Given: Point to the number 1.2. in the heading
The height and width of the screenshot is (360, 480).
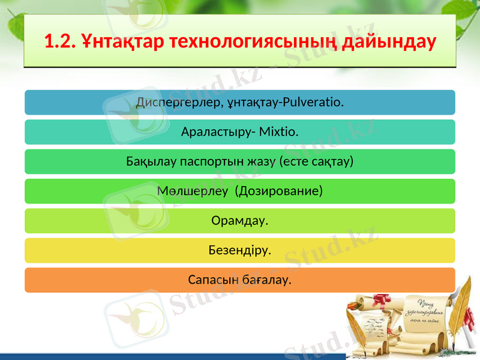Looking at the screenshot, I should click(60, 43).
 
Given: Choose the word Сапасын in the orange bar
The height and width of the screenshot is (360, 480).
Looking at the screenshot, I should click(212, 280).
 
